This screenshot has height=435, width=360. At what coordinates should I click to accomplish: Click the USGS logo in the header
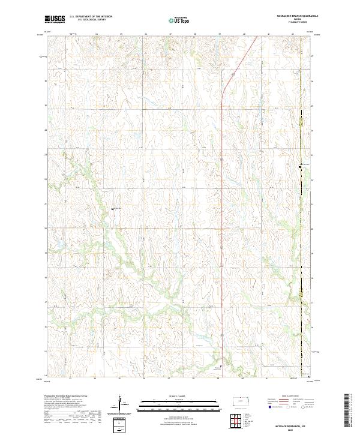(x=55, y=20)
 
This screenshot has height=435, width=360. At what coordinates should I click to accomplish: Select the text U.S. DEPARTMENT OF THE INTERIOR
(x=91, y=17)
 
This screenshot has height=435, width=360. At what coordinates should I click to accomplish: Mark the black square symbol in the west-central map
(x=112, y=209)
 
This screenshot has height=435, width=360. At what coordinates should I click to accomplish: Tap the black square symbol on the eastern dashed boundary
(x=301, y=166)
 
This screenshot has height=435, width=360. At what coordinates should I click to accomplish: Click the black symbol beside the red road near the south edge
(x=221, y=365)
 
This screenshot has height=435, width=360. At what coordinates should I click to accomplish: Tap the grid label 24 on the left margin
(x=45, y=130)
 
